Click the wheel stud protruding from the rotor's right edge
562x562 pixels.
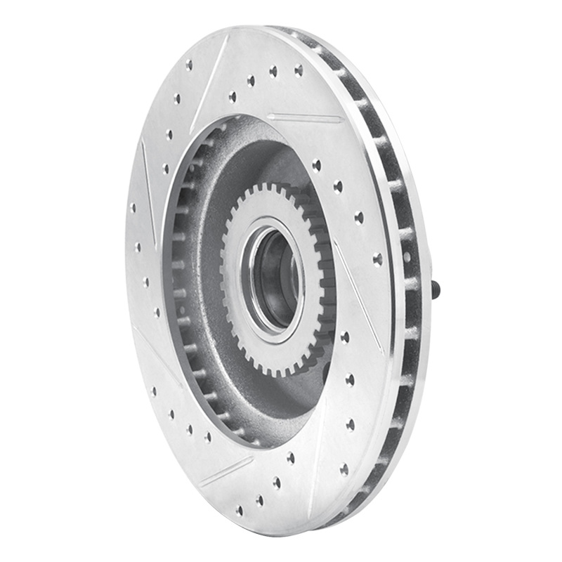click(x=436, y=287)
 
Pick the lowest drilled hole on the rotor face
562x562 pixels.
click(x=240, y=510)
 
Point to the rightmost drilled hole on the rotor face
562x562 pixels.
click(x=378, y=259)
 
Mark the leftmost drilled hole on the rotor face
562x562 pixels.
click(x=133, y=208)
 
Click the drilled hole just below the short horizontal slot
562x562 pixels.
click(x=316, y=165)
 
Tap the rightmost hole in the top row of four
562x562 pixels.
click(x=299, y=70)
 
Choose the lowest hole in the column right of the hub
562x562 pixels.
click(x=344, y=470)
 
